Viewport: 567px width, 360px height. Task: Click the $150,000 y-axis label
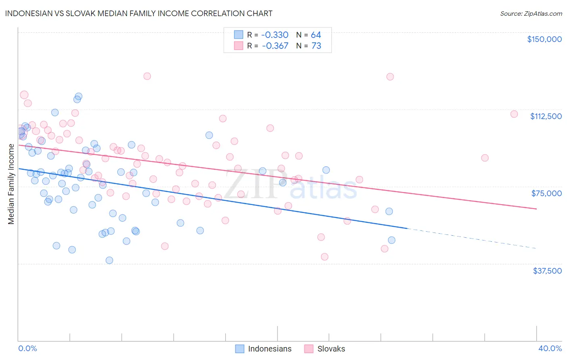tap(544, 39)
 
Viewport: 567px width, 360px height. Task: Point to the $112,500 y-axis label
tap(546, 116)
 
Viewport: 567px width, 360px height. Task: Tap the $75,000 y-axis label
tap(546, 193)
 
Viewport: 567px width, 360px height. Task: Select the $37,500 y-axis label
tap(547, 271)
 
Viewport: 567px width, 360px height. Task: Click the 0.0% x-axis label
tap(27, 348)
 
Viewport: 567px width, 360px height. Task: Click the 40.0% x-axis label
tap(550, 348)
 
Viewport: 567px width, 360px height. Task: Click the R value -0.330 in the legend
tap(275, 35)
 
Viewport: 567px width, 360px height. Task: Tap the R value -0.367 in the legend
tap(275, 46)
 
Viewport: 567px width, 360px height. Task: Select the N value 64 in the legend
tap(316, 35)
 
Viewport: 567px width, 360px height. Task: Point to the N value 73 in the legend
tap(316, 46)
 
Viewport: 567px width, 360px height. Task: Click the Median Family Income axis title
tap(11, 184)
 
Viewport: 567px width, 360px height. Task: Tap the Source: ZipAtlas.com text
tap(531, 14)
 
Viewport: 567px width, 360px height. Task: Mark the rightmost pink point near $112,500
tap(514, 114)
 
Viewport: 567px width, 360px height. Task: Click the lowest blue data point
tap(109, 260)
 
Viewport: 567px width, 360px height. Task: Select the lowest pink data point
tap(324, 257)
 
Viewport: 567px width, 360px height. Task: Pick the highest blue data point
tap(79, 96)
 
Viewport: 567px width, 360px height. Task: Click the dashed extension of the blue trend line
tap(472, 239)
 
